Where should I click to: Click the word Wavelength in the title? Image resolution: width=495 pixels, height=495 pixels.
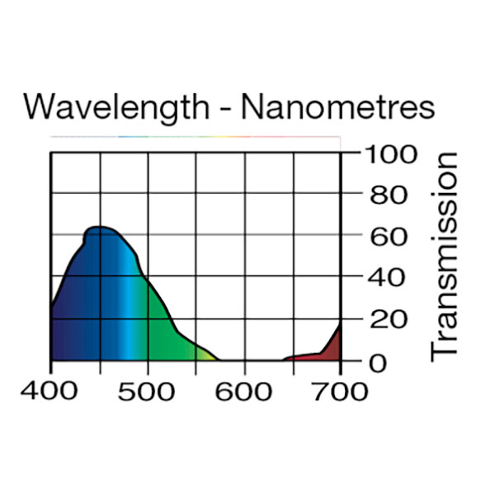[115, 108]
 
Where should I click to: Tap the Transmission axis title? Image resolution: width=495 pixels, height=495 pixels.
[445, 256]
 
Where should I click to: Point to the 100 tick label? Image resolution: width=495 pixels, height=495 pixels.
[388, 153]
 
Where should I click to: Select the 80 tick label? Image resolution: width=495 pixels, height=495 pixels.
[384, 196]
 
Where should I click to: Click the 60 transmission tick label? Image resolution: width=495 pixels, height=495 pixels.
[384, 237]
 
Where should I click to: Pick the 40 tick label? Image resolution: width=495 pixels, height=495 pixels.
[384, 278]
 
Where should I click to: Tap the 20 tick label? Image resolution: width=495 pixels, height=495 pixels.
[384, 319]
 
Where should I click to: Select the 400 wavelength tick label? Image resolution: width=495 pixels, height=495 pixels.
[51, 390]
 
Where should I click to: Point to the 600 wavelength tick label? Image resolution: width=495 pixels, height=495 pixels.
[244, 390]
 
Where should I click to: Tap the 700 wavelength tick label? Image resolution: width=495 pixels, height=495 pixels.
[341, 390]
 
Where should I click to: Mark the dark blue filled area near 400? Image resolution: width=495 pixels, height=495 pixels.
[66, 322]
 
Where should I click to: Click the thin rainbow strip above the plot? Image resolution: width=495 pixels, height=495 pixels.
[195, 136]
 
